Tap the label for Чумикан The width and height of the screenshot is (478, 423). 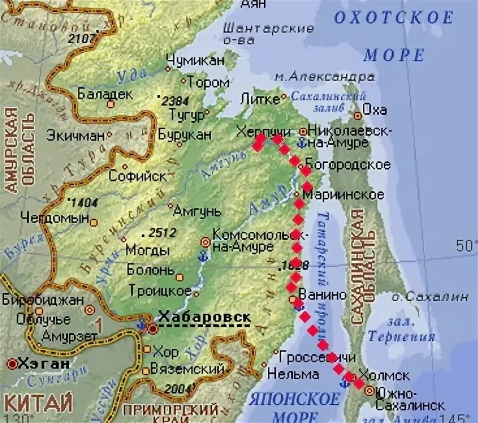195,60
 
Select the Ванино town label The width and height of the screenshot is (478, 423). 323,294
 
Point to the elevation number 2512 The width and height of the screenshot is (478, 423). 160,233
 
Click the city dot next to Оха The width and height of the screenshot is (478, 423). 357,115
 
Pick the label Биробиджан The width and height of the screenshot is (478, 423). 43,300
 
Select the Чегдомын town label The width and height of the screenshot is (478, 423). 55,217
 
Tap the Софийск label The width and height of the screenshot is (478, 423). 138,176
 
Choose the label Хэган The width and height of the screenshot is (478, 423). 43,364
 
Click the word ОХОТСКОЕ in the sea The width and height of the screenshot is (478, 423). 393,18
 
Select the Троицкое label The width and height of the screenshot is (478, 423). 160,291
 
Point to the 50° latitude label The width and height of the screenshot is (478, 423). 466,246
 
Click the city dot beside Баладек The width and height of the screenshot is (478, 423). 110,104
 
